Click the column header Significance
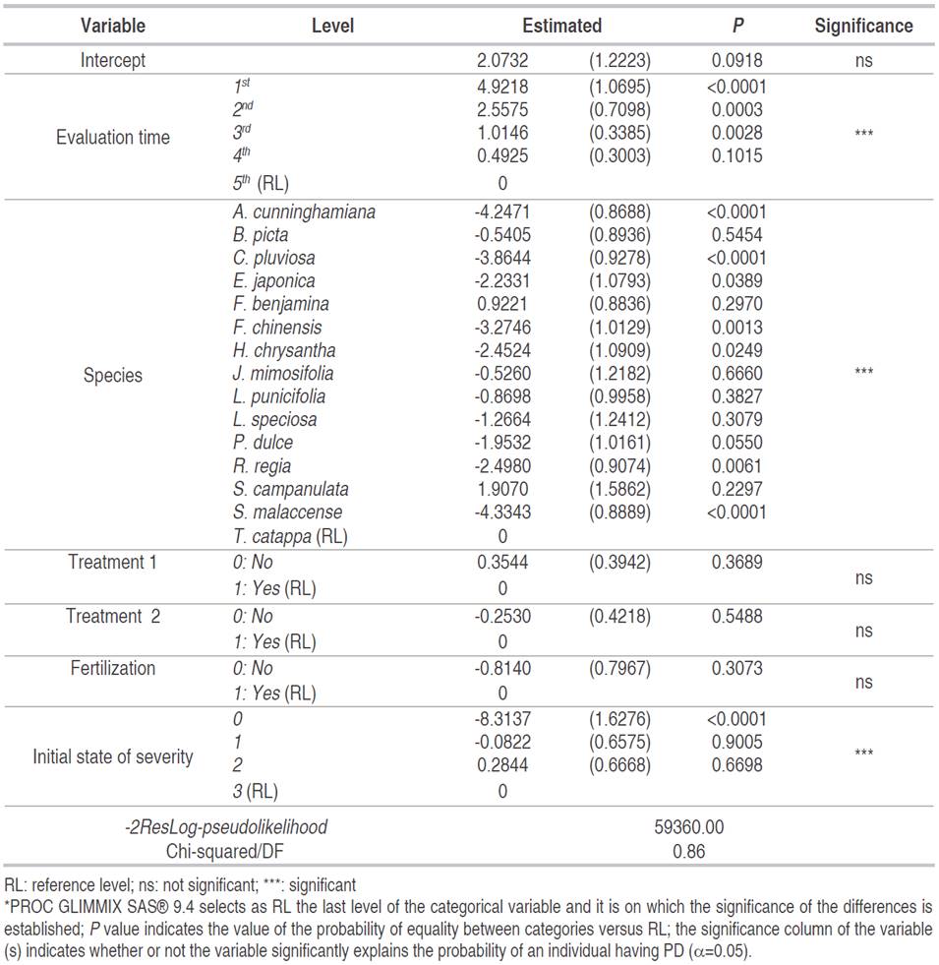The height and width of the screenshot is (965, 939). coord(863,26)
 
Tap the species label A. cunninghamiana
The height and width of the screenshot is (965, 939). coord(304,211)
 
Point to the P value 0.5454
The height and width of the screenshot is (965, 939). coord(736,235)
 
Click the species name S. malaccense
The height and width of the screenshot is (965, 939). coord(288,512)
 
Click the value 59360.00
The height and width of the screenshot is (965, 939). coord(689,827)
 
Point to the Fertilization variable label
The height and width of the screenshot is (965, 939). coord(112,668)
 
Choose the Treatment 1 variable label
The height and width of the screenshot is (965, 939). coord(112,562)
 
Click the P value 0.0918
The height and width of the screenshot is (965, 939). coord(736,60)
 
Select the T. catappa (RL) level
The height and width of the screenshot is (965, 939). coord(290,536)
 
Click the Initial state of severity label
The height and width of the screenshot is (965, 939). coord(112,756)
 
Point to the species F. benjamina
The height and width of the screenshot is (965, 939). coord(281,304)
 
